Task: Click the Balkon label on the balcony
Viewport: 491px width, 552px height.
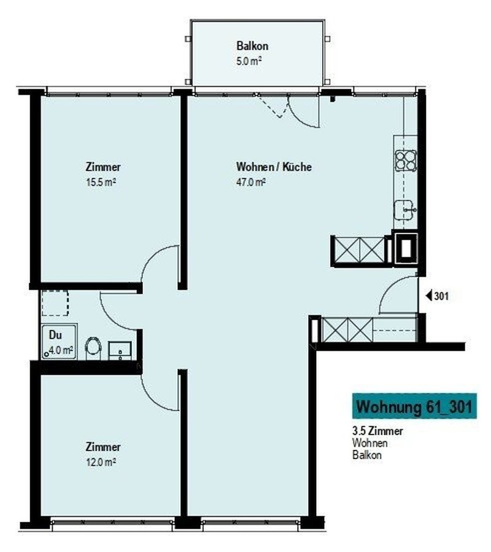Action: pos(252,45)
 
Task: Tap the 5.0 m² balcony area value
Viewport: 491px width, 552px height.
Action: pos(249,61)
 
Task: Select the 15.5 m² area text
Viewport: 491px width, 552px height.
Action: pos(101,183)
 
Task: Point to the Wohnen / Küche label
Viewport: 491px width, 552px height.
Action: pos(274,167)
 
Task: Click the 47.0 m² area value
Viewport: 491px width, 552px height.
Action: pos(250,183)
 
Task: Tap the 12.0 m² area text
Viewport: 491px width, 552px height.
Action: pos(101,462)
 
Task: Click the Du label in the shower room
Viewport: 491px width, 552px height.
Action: pos(55,335)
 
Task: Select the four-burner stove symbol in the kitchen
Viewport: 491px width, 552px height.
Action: pos(406,160)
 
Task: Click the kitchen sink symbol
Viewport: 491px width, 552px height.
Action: pos(405,210)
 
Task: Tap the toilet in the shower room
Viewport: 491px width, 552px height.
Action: pos(93,348)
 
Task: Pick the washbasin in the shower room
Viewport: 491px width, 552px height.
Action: pos(120,350)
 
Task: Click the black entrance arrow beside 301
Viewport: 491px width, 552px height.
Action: pos(429,296)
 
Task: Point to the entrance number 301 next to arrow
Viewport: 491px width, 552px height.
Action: pos(441,296)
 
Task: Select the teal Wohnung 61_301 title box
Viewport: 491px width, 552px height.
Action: pos(414,406)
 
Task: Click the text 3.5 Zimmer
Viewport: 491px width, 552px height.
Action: pos(377,431)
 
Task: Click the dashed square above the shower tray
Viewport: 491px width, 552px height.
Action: pos(55,303)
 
